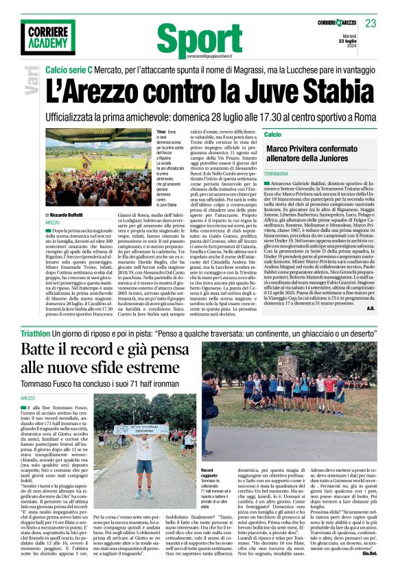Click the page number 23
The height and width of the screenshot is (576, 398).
tap(371, 24)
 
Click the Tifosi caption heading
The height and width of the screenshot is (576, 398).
tap(161, 131)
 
